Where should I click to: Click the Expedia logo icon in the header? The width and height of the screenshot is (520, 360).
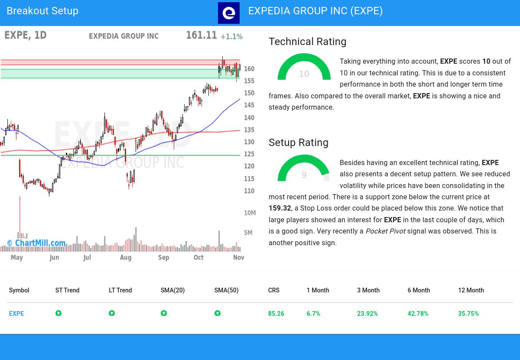(228, 13)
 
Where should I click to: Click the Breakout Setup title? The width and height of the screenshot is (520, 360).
(42, 11)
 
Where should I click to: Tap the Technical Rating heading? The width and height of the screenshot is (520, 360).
(307, 42)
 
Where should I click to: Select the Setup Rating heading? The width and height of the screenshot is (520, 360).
(298, 143)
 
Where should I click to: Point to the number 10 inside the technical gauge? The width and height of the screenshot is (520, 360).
(304, 74)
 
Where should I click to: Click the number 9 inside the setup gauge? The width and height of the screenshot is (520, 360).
(304, 175)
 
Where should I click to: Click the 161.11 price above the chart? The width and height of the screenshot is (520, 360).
(201, 36)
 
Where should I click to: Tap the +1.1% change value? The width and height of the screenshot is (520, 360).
(231, 37)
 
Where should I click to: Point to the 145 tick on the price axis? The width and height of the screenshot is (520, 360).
(249, 105)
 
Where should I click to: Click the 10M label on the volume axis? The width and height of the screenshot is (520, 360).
(250, 213)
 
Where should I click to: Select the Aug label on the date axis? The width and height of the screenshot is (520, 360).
(125, 257)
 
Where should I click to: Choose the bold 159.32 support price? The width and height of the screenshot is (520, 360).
(279, 208)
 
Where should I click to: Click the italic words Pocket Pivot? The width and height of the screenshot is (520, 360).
(385, 231)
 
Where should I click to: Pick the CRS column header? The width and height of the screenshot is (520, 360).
(273, 290)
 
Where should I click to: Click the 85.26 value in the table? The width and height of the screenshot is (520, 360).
(276, 314)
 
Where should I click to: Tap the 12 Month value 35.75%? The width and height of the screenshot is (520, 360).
(468, 314)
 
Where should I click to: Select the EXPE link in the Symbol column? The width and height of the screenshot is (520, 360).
(16, 314)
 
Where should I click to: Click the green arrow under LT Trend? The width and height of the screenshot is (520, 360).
(112, 313)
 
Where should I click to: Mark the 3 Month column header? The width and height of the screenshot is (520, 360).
(368, 290)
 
